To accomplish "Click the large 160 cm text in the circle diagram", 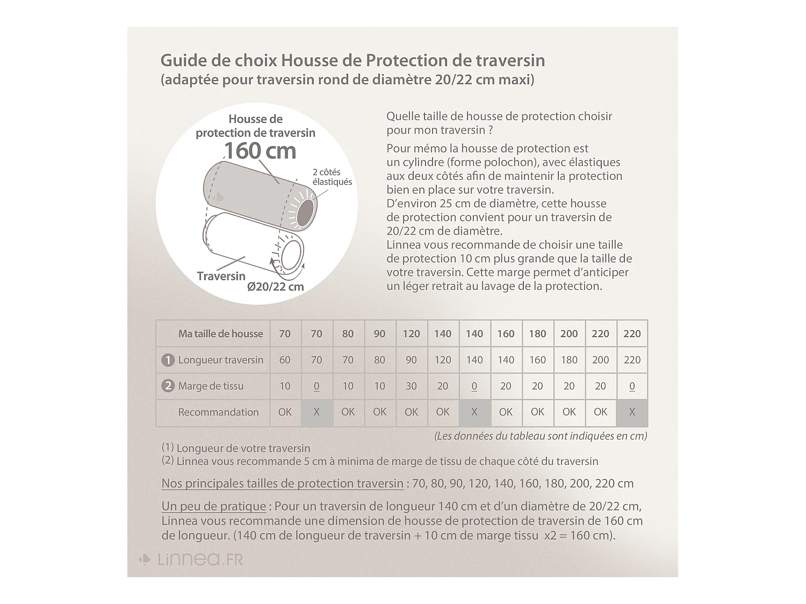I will [x=260, y=151].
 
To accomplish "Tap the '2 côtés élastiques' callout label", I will [x=332, y=177].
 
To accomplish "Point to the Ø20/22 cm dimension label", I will [x=276, y=287].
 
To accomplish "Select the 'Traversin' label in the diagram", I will [x=221, y=276].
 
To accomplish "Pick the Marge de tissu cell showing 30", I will [x=411, y=386].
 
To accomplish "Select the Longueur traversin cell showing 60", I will [x=285, y=360].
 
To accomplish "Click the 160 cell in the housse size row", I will [x=506, y=333].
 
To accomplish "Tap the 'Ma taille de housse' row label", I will [x=220, y=333].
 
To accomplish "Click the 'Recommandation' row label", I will [x=218, y=412].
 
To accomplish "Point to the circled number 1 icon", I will [x=168, y=360].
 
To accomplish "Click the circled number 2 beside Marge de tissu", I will [x=168, y=386].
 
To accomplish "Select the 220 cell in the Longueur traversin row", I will [x=632, y=360].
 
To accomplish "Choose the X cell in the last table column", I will [x=632, y=412].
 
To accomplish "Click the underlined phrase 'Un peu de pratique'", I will [x=214, y=506].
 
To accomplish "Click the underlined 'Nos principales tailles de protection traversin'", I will [x=282, y=483].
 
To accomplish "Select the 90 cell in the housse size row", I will [x=379, y=333].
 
